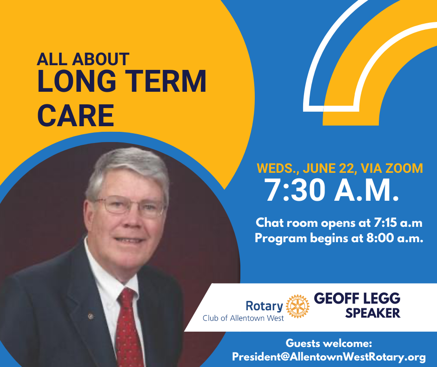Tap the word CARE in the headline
[76, 115]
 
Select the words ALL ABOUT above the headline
[83, 59]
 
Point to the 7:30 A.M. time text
[331, 190]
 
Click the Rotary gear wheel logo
[298, 306]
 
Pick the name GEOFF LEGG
[358, 298]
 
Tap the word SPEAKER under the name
[373, 313]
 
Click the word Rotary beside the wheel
[264, 306]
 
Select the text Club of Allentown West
[243, 318]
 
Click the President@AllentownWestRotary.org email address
[329, 357]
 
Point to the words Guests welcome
[329, 343]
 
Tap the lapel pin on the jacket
[90, 316]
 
